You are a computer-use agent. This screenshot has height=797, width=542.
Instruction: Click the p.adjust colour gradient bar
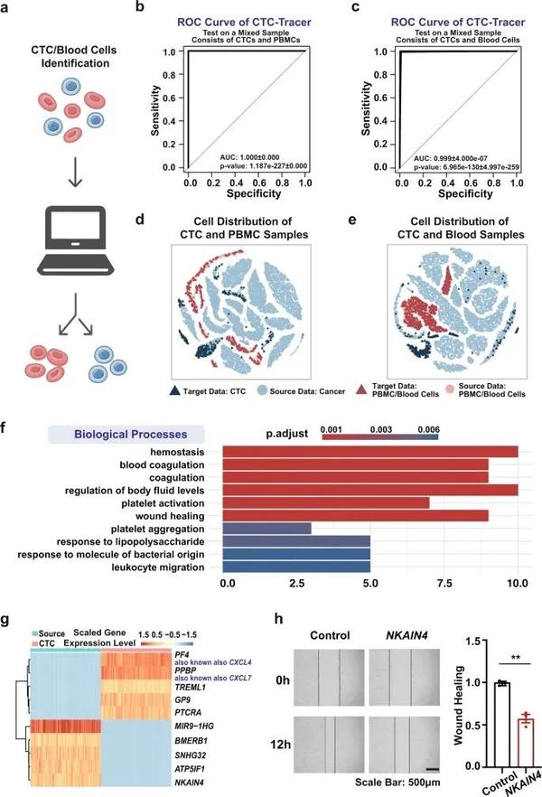click(x=379, y=438)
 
